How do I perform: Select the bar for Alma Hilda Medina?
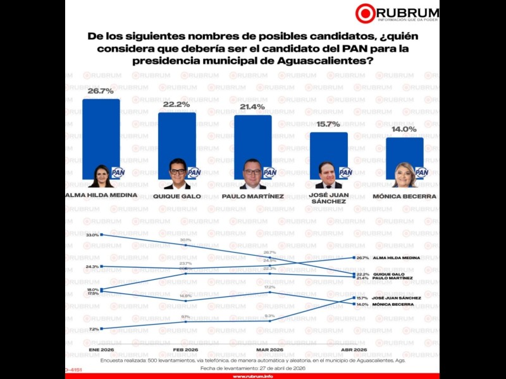[101, 136]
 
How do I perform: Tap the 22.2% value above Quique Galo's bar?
[176, 104]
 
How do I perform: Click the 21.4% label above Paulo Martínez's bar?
[252, 107]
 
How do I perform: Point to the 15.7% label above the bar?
[328, 124]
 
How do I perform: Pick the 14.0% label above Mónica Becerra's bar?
[404, 129]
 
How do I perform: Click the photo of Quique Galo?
[177, 174]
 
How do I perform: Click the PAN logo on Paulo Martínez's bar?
[269, 172]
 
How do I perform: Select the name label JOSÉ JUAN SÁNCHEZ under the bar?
[329, 198]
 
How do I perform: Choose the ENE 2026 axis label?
[101, 349]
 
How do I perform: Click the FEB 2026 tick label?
[185, 349]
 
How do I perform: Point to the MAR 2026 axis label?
[270, 349]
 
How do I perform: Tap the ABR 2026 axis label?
[354, 349]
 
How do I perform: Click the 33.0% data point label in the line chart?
[92, 235]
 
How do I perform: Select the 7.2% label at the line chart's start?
[94, 329]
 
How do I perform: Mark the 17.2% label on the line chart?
[270, 287]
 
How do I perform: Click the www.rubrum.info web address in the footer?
[252, 376]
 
